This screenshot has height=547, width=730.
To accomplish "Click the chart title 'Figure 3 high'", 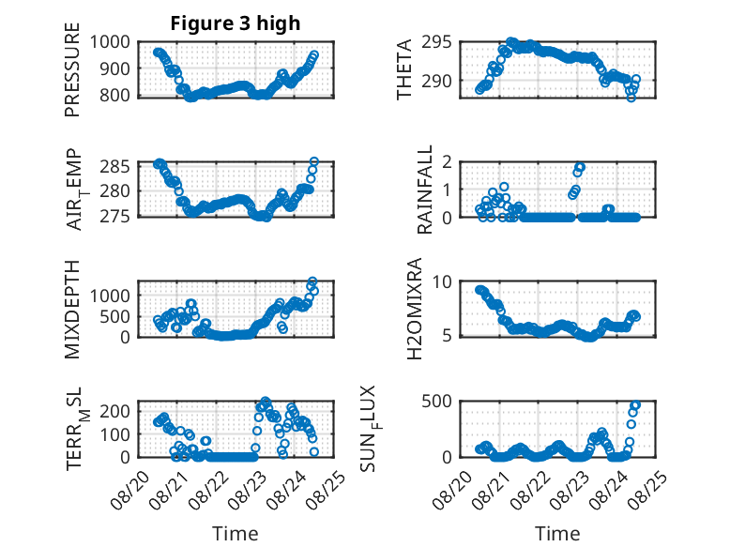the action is click(x=236, y=23).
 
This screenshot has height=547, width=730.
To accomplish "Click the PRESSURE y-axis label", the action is click(x=72, y=69).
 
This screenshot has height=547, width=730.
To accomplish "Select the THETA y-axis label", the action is click(x=404, y=69).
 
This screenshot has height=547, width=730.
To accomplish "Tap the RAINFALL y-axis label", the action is click(x=425, y=190).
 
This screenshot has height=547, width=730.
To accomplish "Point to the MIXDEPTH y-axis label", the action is click(x=72, y=309).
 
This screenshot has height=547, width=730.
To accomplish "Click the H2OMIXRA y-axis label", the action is click(x=415, y=309).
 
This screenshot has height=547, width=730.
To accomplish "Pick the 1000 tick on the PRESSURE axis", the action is click(x=110, y=42).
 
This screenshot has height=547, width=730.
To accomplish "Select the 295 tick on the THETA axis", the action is click(x=436, y=42).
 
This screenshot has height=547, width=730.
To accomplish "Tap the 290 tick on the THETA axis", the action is click(x=436, y=81).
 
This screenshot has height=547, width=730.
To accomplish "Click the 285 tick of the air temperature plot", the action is click(x=115, y=166).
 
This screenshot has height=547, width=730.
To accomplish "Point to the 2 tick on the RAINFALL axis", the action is click(x=448, y=161).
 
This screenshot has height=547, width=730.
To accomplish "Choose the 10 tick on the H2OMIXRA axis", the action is click(x=442, y=281).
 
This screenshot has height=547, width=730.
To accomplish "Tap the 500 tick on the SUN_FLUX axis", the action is click(x=436, y=401).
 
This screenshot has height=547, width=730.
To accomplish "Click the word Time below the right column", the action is click(x=557, y=534).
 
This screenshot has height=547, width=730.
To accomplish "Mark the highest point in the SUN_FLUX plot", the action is click(x=635, y=404).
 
